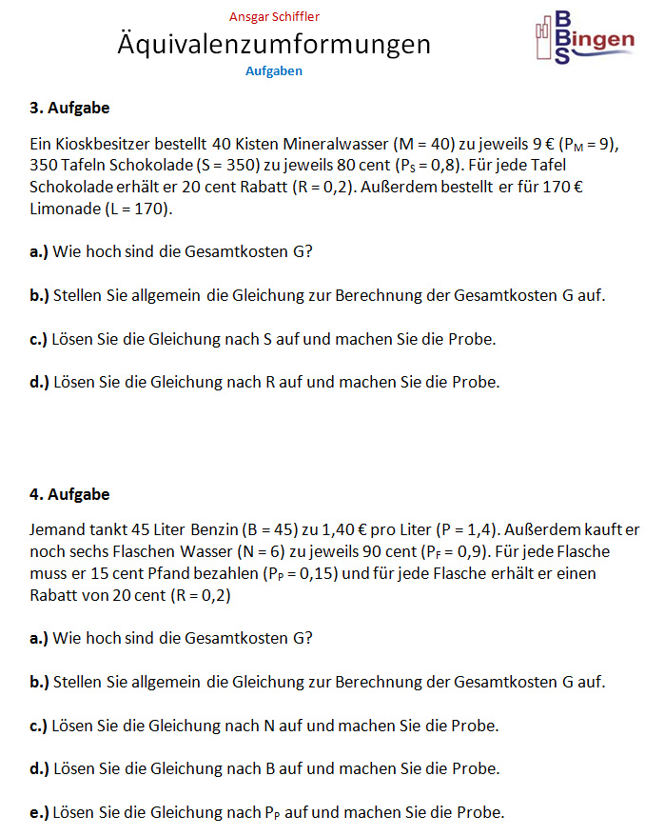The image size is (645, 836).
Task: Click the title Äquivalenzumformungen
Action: point(274,44)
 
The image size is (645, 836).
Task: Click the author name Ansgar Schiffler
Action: point(274,16)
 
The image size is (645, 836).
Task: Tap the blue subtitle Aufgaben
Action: point(274,70)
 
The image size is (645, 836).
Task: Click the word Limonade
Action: point(63,208)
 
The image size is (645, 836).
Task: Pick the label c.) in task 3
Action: point(39,340)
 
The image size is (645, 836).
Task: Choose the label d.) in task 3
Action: point(40,383)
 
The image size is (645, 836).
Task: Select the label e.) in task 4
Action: point(40,812)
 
